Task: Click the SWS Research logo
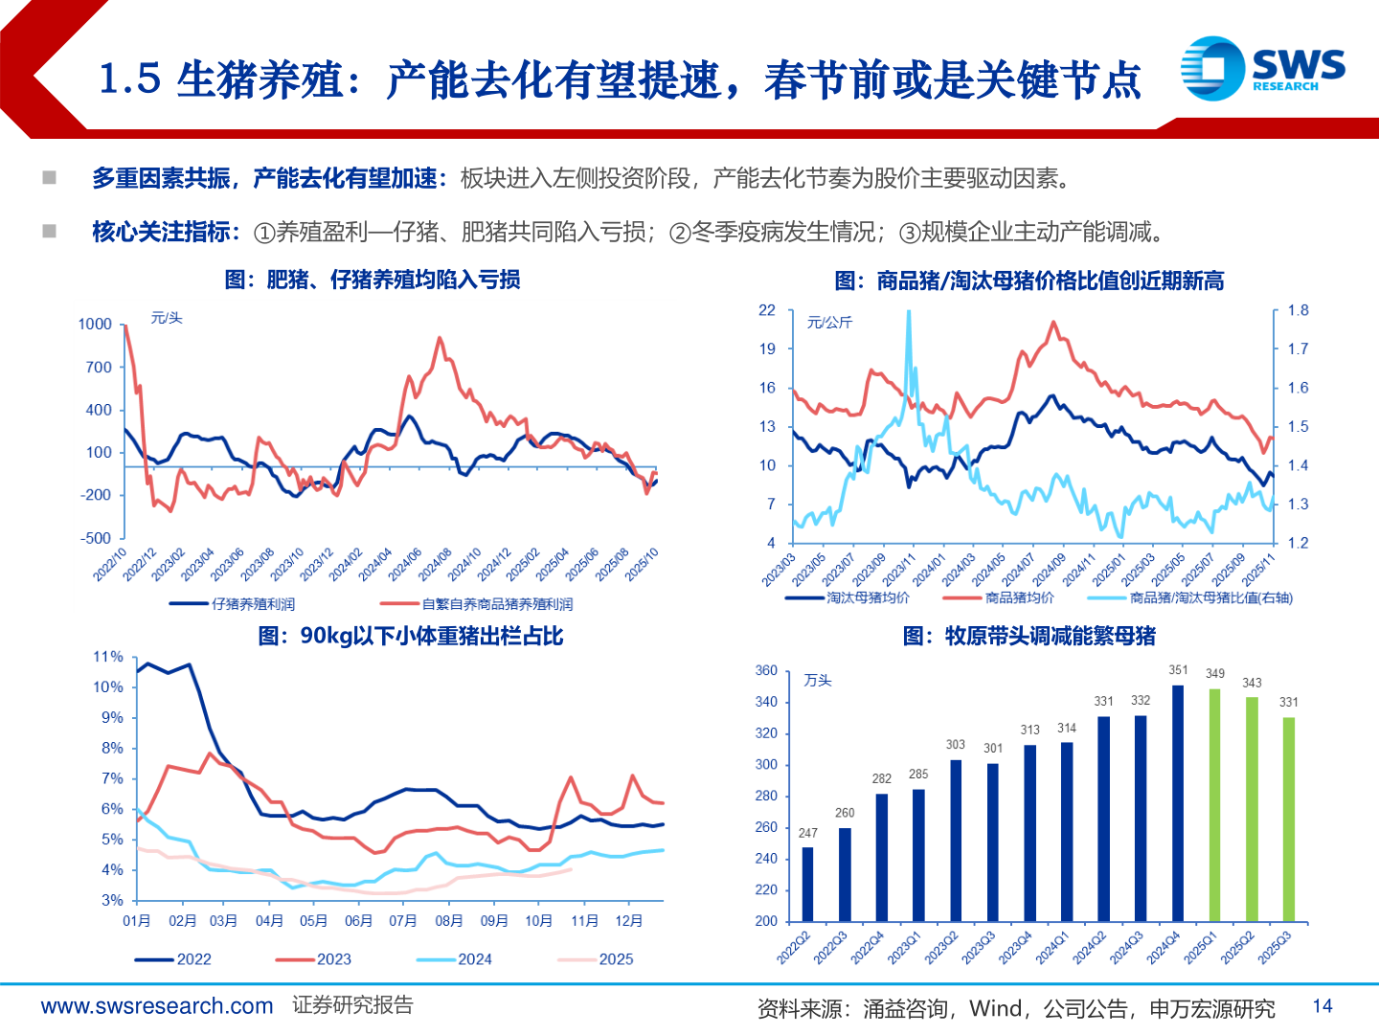pos(1262,68)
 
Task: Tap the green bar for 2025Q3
pos(1289,819)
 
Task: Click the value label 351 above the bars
pos(1178,670)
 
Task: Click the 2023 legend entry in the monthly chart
pos(316,959)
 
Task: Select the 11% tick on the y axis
pos(108,657)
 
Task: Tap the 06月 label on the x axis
pos(358,921)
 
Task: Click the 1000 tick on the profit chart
pos(95,324)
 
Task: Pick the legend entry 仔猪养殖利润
pos(233,604)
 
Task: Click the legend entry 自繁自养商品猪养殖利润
pos(477,604)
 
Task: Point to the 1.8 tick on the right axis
pos(1298,310)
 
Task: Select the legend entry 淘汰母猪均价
pos(848,598)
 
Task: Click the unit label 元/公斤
pos(829,323)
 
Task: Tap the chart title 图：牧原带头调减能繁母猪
pos(1029,636)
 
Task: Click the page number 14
pos(1322,1006)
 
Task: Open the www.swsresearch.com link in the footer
pos(157,1006)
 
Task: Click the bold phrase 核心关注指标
pos(163,232)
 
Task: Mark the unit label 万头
pos(818,681)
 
